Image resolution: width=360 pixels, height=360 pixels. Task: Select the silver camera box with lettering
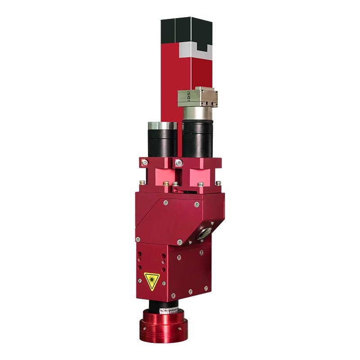pyautogui.click(x=198, y=97)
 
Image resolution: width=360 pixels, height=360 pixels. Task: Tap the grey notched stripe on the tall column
pyautogui.click(x=193, y=51)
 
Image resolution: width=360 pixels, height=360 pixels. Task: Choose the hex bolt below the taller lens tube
pyautogui.click(x=179, y=162)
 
